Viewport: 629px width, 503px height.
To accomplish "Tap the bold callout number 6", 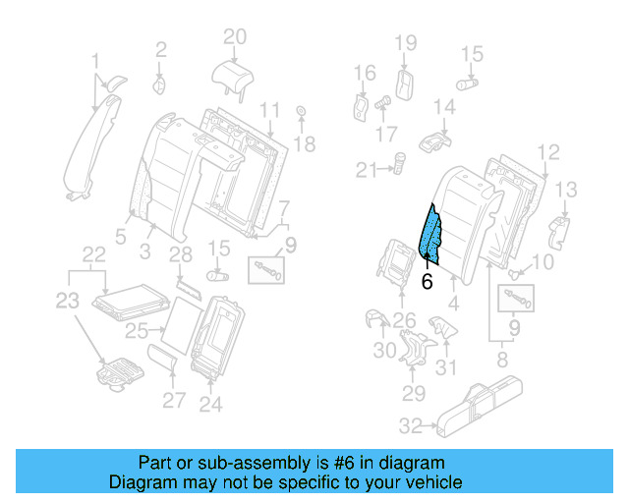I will tap(426, 281).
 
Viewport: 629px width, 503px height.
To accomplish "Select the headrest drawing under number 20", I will tap(233, 74).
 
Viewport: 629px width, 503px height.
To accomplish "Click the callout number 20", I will tap(233, 37).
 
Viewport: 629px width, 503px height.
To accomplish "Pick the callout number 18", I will tap(306, 144).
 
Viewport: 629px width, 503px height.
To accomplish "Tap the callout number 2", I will tap(161, 47).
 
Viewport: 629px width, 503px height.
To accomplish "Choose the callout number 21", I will tap(367, 170).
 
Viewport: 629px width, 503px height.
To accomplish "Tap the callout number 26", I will tap(404, 318).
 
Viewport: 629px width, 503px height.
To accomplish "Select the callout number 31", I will tap(447, 367).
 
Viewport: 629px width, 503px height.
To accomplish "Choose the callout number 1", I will tap(96, 61).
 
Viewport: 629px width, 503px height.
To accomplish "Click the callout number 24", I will tap(210, 403).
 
